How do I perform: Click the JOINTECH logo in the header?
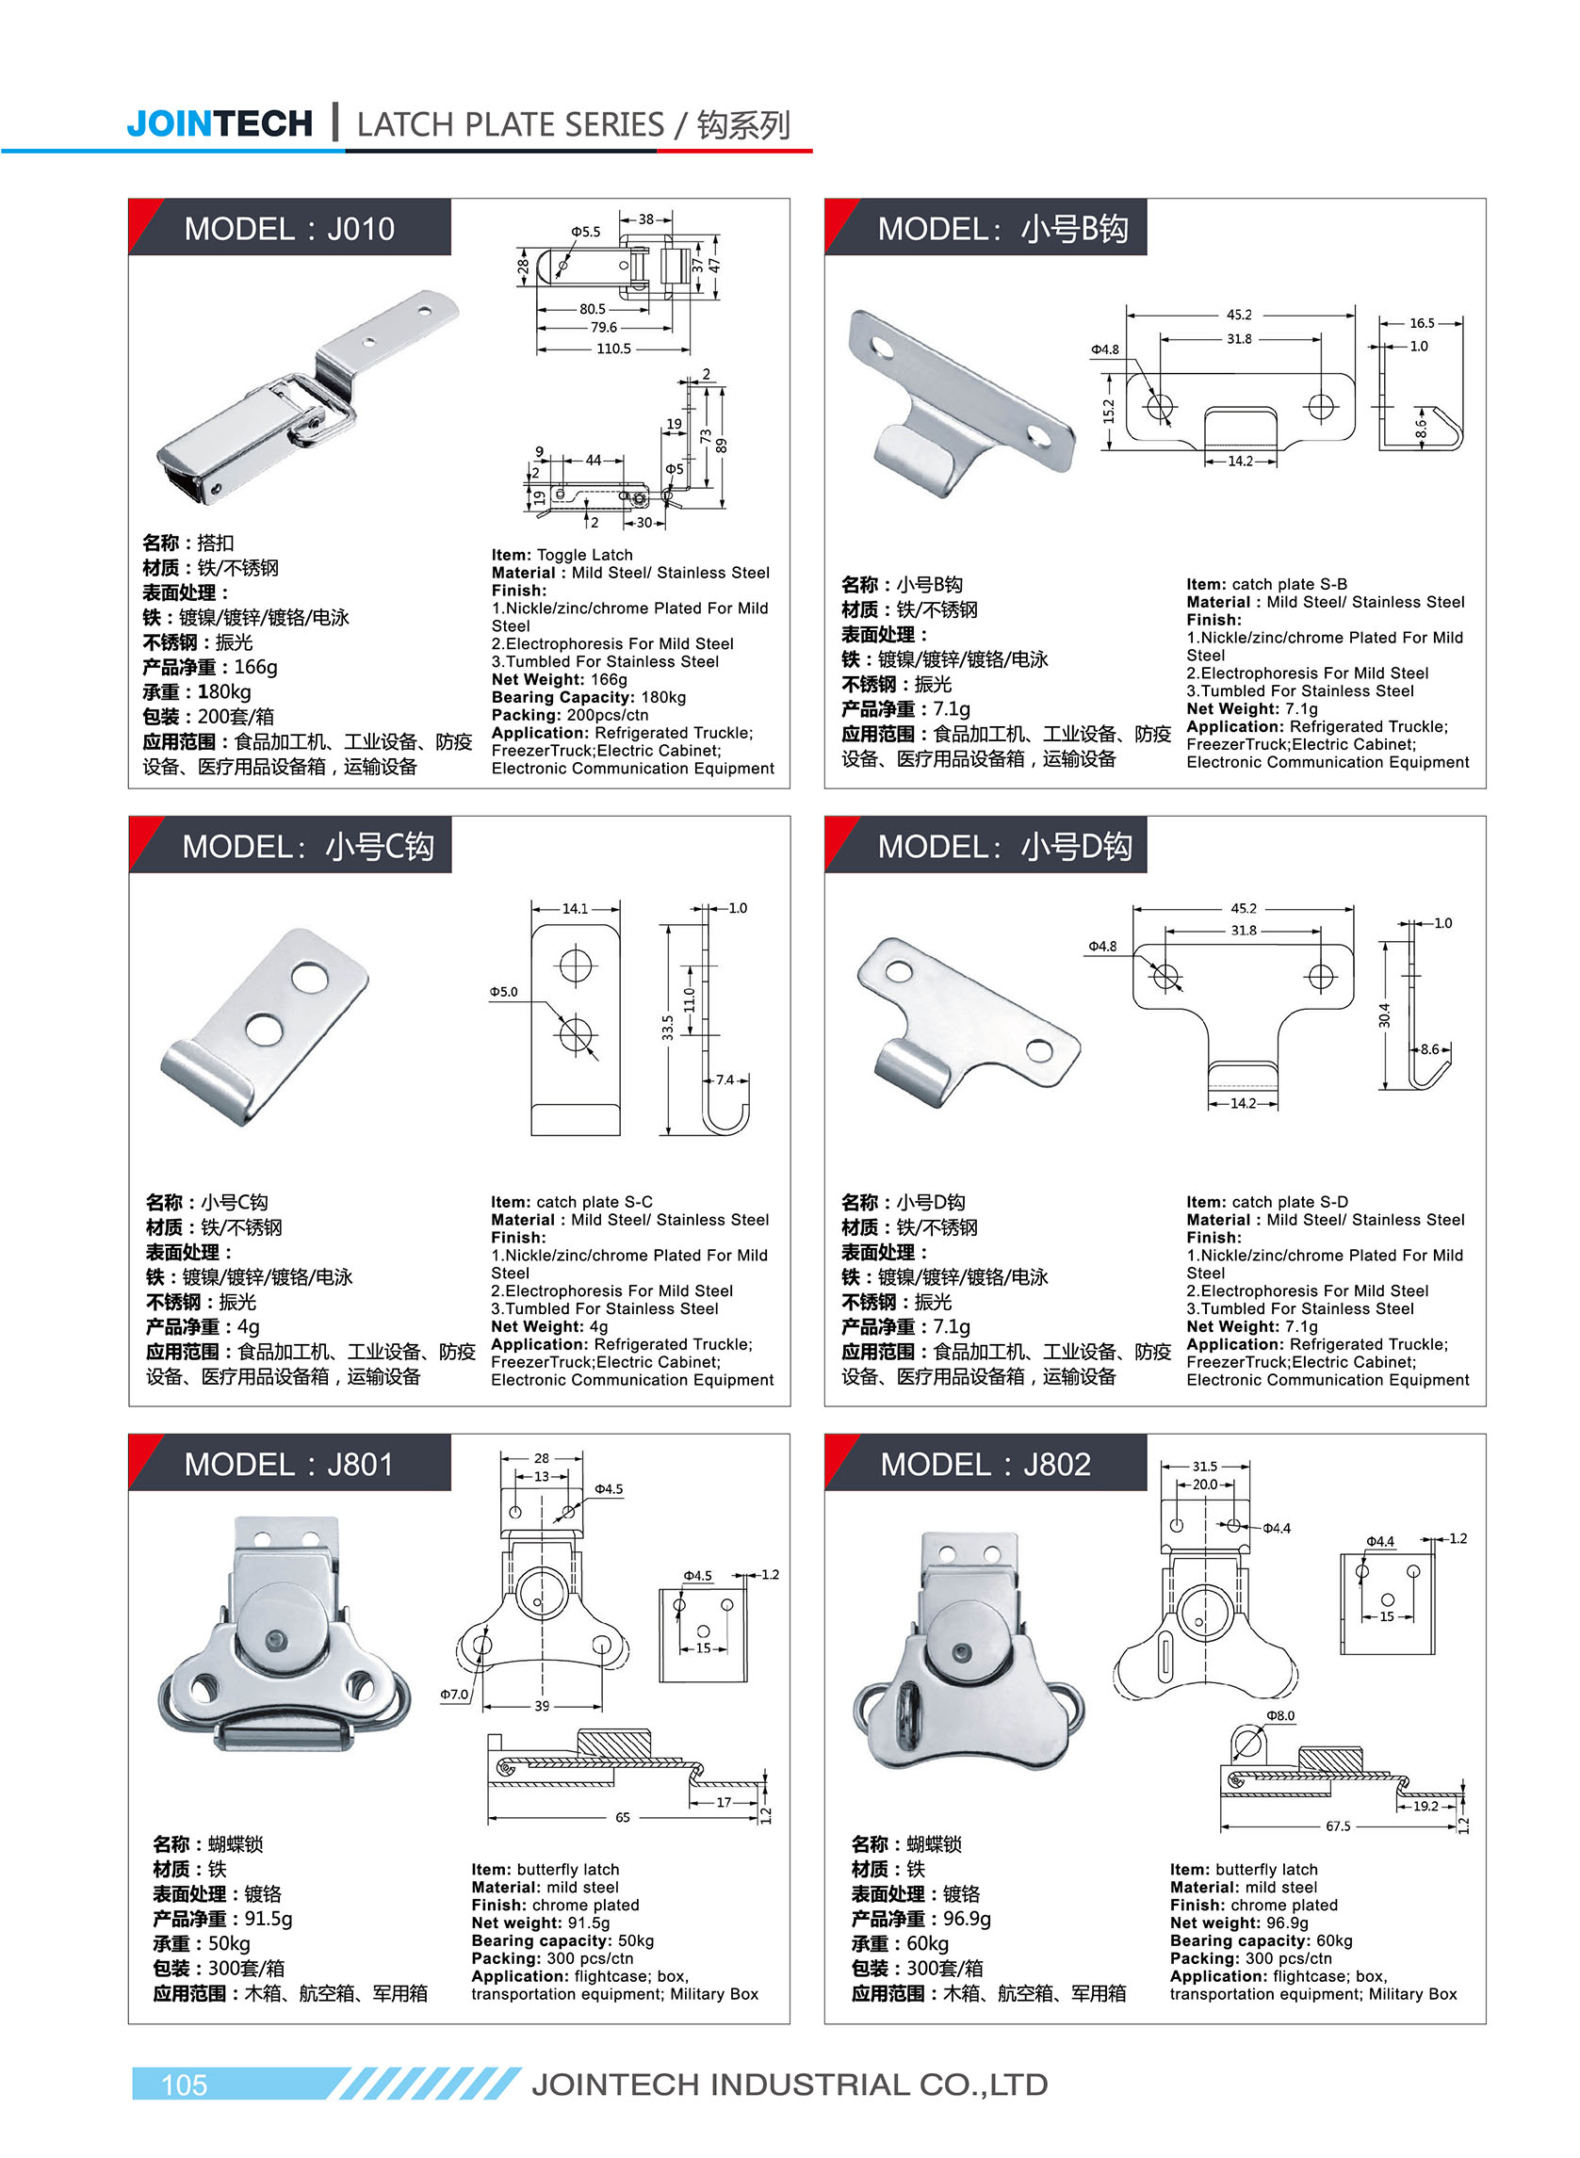coord(219,123)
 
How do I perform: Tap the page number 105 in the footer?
coord(184,2085)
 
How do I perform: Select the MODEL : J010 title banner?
coord(289,229)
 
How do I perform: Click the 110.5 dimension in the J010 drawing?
coord(613,349)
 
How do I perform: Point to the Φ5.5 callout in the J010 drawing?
coord(585,232)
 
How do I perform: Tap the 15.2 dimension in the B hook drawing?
coord(1109,411)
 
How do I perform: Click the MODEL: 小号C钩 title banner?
coord(307,846)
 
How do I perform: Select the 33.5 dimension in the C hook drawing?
coord(668,1027)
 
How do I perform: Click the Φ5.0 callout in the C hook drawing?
coord(503,992)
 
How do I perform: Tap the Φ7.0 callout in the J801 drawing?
coord(453,1695)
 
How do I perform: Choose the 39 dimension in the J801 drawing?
coord(542,1706)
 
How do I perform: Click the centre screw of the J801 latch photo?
coord(276,1641)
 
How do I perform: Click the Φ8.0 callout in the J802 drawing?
coord(1279,1716)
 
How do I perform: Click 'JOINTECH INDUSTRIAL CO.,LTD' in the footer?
coord(789,2085)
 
